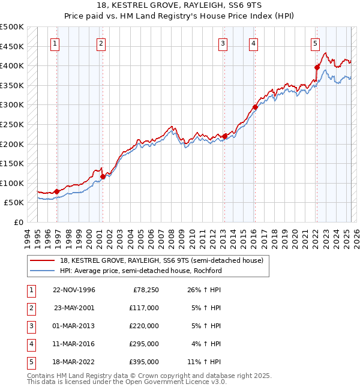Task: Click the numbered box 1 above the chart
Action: point(55,43)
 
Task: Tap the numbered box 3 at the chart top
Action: point(223,43)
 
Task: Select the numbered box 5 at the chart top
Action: point(315,43)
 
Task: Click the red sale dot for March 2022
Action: point(317,67)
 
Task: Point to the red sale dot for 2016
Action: point(255,107)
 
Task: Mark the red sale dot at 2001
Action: point(103,176)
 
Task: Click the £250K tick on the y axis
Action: point(12,124)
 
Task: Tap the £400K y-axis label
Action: point(12,65)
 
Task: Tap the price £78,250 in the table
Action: point(146,289)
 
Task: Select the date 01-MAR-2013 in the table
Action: point(74,326)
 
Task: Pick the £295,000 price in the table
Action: point(143,344)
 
